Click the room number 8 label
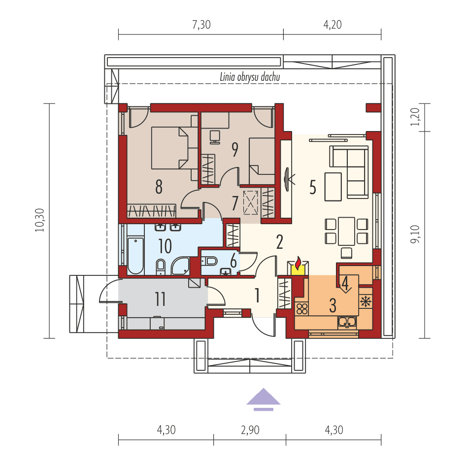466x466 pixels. [x=158, y=187]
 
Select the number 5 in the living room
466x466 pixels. [x=312, y=187]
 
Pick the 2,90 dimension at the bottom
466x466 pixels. [x=250, y=430]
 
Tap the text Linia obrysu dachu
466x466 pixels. [x=250, y=77]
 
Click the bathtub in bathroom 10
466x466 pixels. [x=135, y=256]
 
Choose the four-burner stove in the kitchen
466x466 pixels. [x=301, y=309]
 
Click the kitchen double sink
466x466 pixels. [x=347, y=322]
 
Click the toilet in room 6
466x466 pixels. [x=211, y=261]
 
